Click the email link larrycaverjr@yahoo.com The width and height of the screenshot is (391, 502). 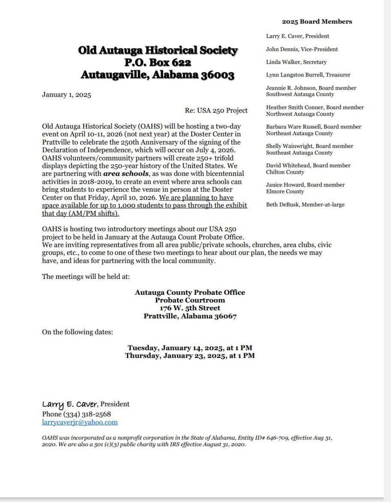click(80, 423)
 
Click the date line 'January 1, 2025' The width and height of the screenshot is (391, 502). click(66, 95)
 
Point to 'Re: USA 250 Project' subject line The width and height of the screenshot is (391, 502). click(216, 110)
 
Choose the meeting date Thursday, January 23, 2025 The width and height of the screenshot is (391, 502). click(190, 356)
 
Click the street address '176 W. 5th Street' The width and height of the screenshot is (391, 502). click(190, 308)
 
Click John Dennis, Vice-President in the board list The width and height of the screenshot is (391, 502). click(302, 49)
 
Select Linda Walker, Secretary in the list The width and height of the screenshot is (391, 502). click(296, 62)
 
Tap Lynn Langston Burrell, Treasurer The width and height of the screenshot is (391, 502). click(308, 75)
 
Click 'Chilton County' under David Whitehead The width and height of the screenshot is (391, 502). click(285, 172)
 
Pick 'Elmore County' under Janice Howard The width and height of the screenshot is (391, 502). click(285, 191)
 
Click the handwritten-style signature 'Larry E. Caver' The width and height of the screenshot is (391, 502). click(70, 404)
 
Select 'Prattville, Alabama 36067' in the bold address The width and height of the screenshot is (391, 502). click(190, 316)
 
